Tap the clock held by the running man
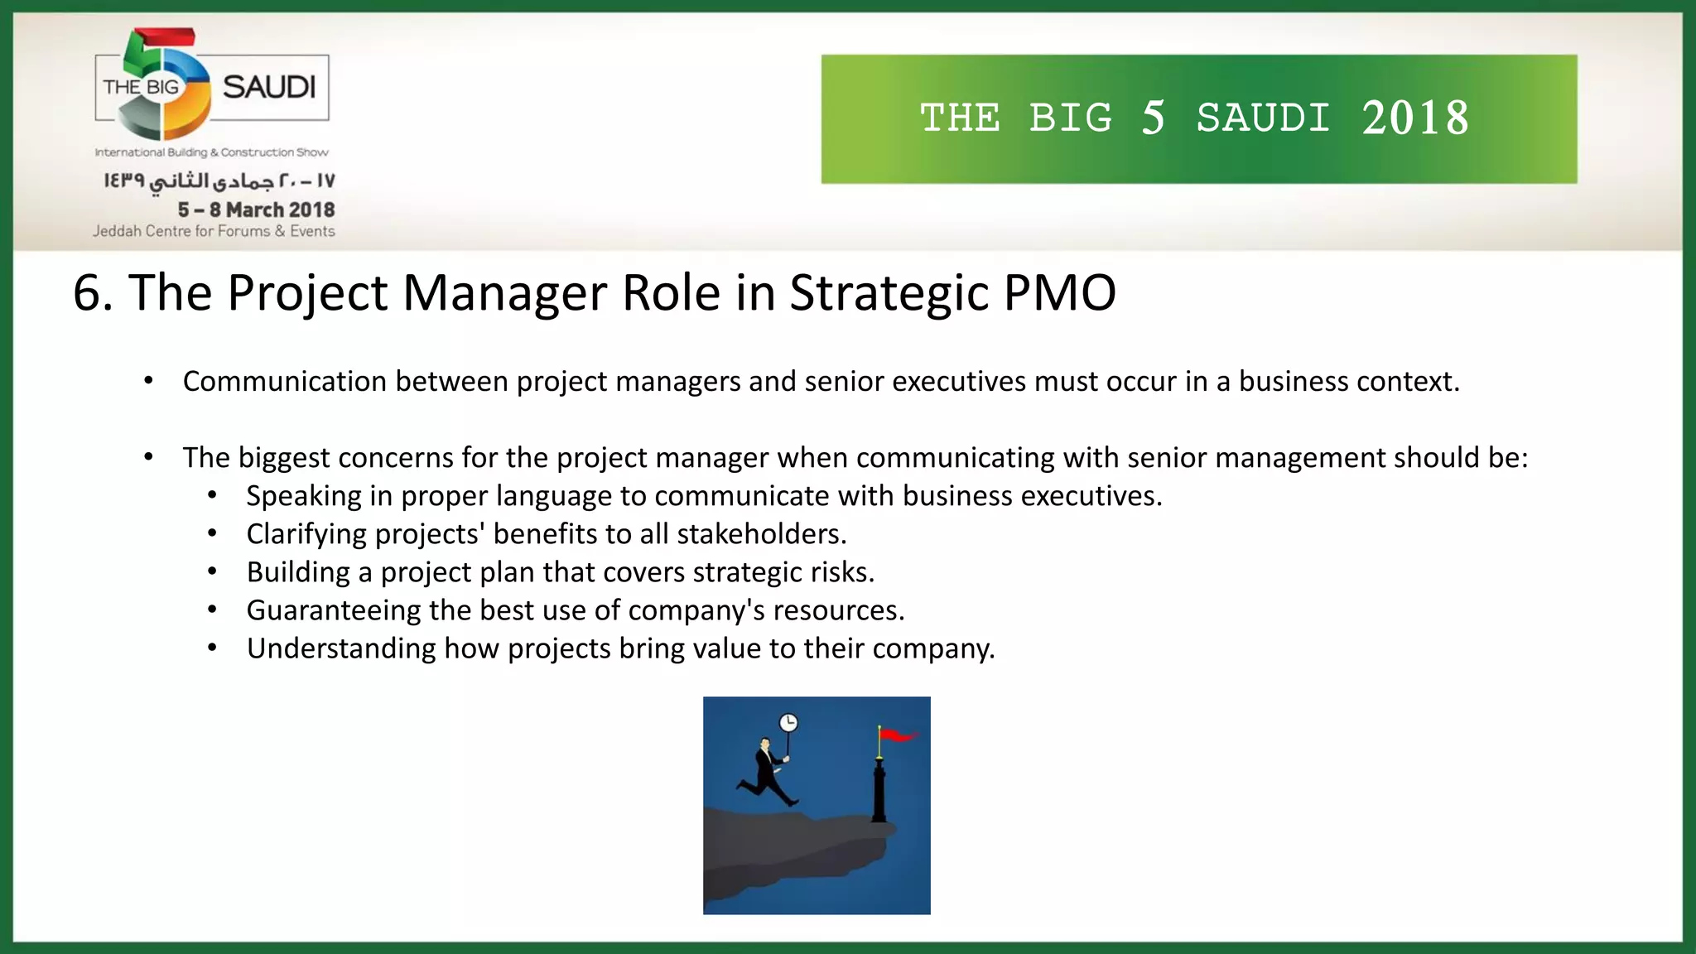pos(788,723)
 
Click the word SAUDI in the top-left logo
pos(269,87)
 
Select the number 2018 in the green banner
pos(1415,118)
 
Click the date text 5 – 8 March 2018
pos(256,210)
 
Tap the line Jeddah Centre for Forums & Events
pos(214,231)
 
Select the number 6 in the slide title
pos(89,293)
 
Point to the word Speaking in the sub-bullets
pos(303,496)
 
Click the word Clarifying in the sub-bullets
pos(306,534)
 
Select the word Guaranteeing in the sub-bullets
pos(334,610)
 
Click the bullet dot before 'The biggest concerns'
pos(148,457)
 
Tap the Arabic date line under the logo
pos(219,181)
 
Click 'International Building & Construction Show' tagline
pos(212,152)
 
